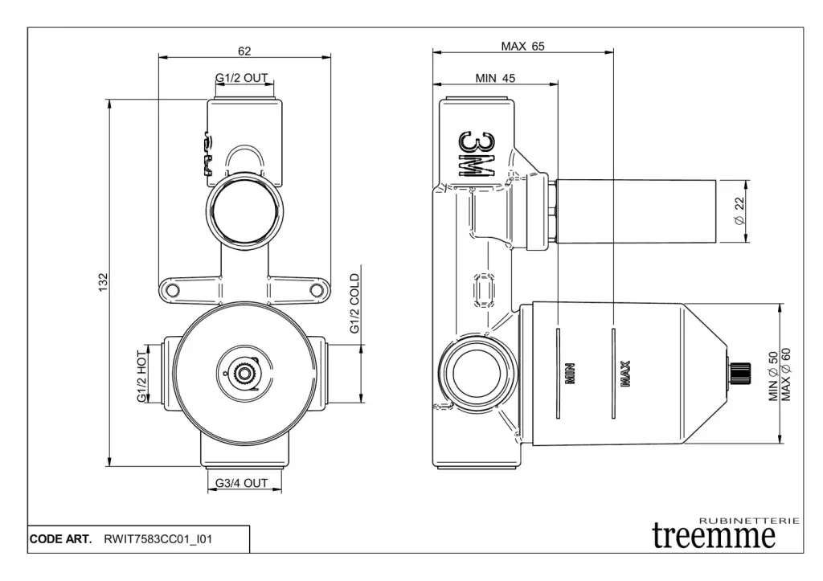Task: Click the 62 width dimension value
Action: click(x=244, y=51)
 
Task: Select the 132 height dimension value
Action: click(x=103, y=283)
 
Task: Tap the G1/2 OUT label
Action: click(x=241, y=78)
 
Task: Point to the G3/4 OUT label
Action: click(x=241, y=483)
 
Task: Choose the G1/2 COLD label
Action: click(x=354, y=305)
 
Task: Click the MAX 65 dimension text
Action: click(x=522, y=47)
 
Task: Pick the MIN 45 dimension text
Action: click(x=494, y=78)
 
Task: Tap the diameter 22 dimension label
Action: click(x=739, y=211)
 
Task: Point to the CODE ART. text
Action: click(x=61, y=538)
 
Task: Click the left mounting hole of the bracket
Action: click(x=170, y=289)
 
